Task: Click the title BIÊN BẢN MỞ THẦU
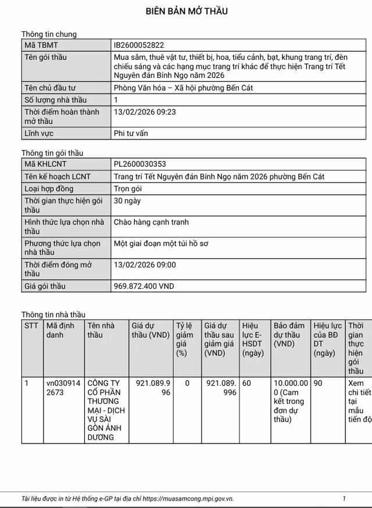[186, 11]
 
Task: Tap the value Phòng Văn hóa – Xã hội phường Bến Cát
[184, 88]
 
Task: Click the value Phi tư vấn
[131, 133]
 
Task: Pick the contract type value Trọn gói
[128, 189]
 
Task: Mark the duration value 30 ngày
[127, 201]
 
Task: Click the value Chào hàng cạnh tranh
[151, 222]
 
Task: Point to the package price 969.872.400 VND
[144, 286]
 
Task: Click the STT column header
[31, 325]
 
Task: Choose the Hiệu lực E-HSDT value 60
[247, 384]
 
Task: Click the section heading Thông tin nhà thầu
[53, 314]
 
